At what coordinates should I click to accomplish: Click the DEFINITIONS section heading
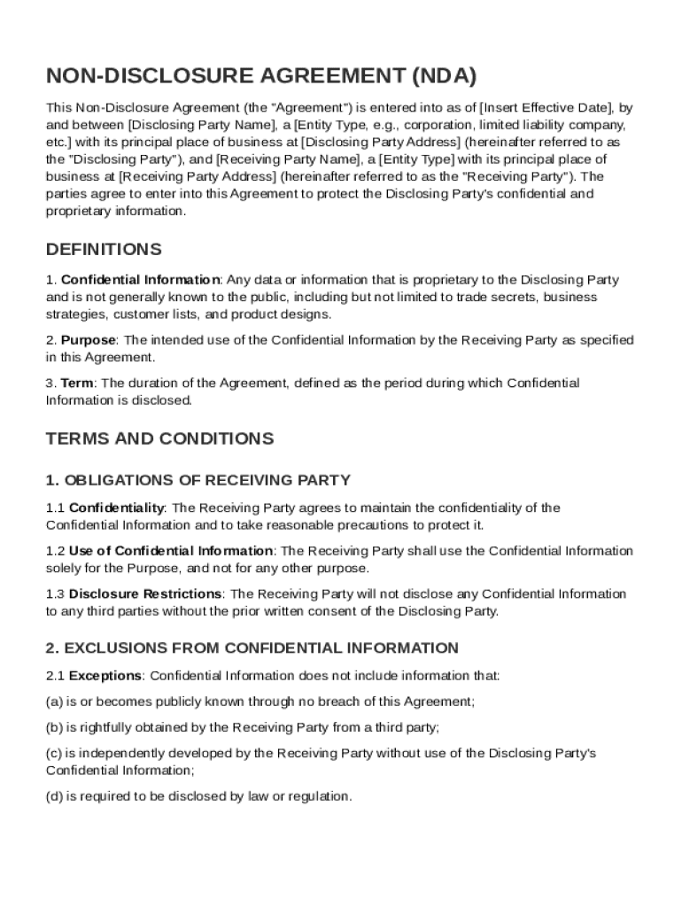click(104, 249)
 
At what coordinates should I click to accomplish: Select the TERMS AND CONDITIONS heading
click(159, 438)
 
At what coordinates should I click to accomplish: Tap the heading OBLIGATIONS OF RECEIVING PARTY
click(198, 480)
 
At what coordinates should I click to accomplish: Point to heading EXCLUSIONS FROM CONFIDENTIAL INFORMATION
click(252, 647)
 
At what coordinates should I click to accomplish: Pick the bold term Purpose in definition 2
click(88, 340)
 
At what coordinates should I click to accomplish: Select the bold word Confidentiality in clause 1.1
click(116, 508)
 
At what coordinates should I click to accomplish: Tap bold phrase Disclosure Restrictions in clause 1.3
click(145, 593)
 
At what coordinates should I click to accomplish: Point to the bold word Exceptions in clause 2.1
click(105, 676)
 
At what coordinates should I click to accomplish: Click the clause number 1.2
click(55, 551)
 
